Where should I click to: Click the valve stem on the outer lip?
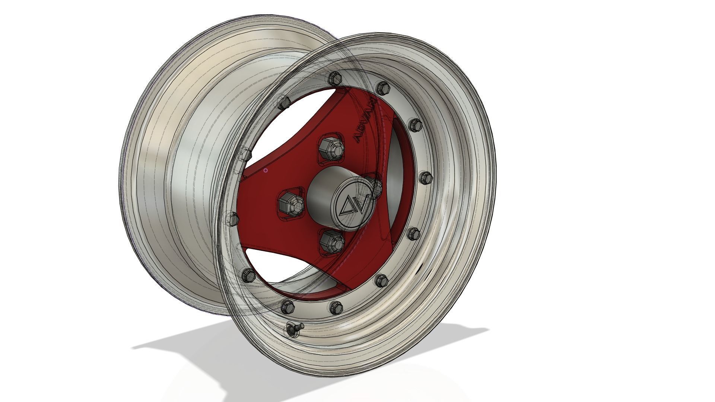pyautogui.click(x=294, y=328)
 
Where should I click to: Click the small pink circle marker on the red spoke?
pyautogui.click(x=266, y=170)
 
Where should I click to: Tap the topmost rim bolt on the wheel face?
pyautogui.click(x=333, y=79)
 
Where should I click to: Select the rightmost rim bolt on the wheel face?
pyautogui.click(x=425, y=177)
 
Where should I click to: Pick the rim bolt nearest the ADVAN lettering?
pyautogui.click(x=382, y=88)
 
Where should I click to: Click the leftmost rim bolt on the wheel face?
pyautogui.click(x=232, y=219)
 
